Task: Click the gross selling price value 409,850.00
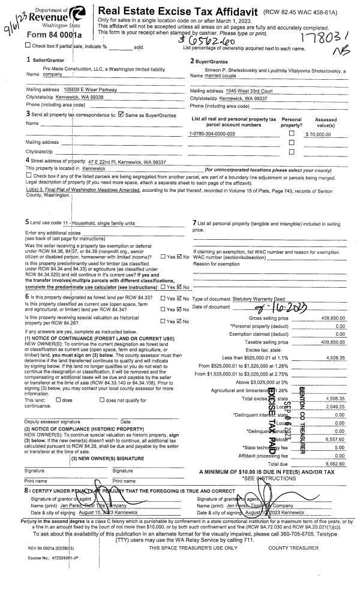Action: pos(333,317)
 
